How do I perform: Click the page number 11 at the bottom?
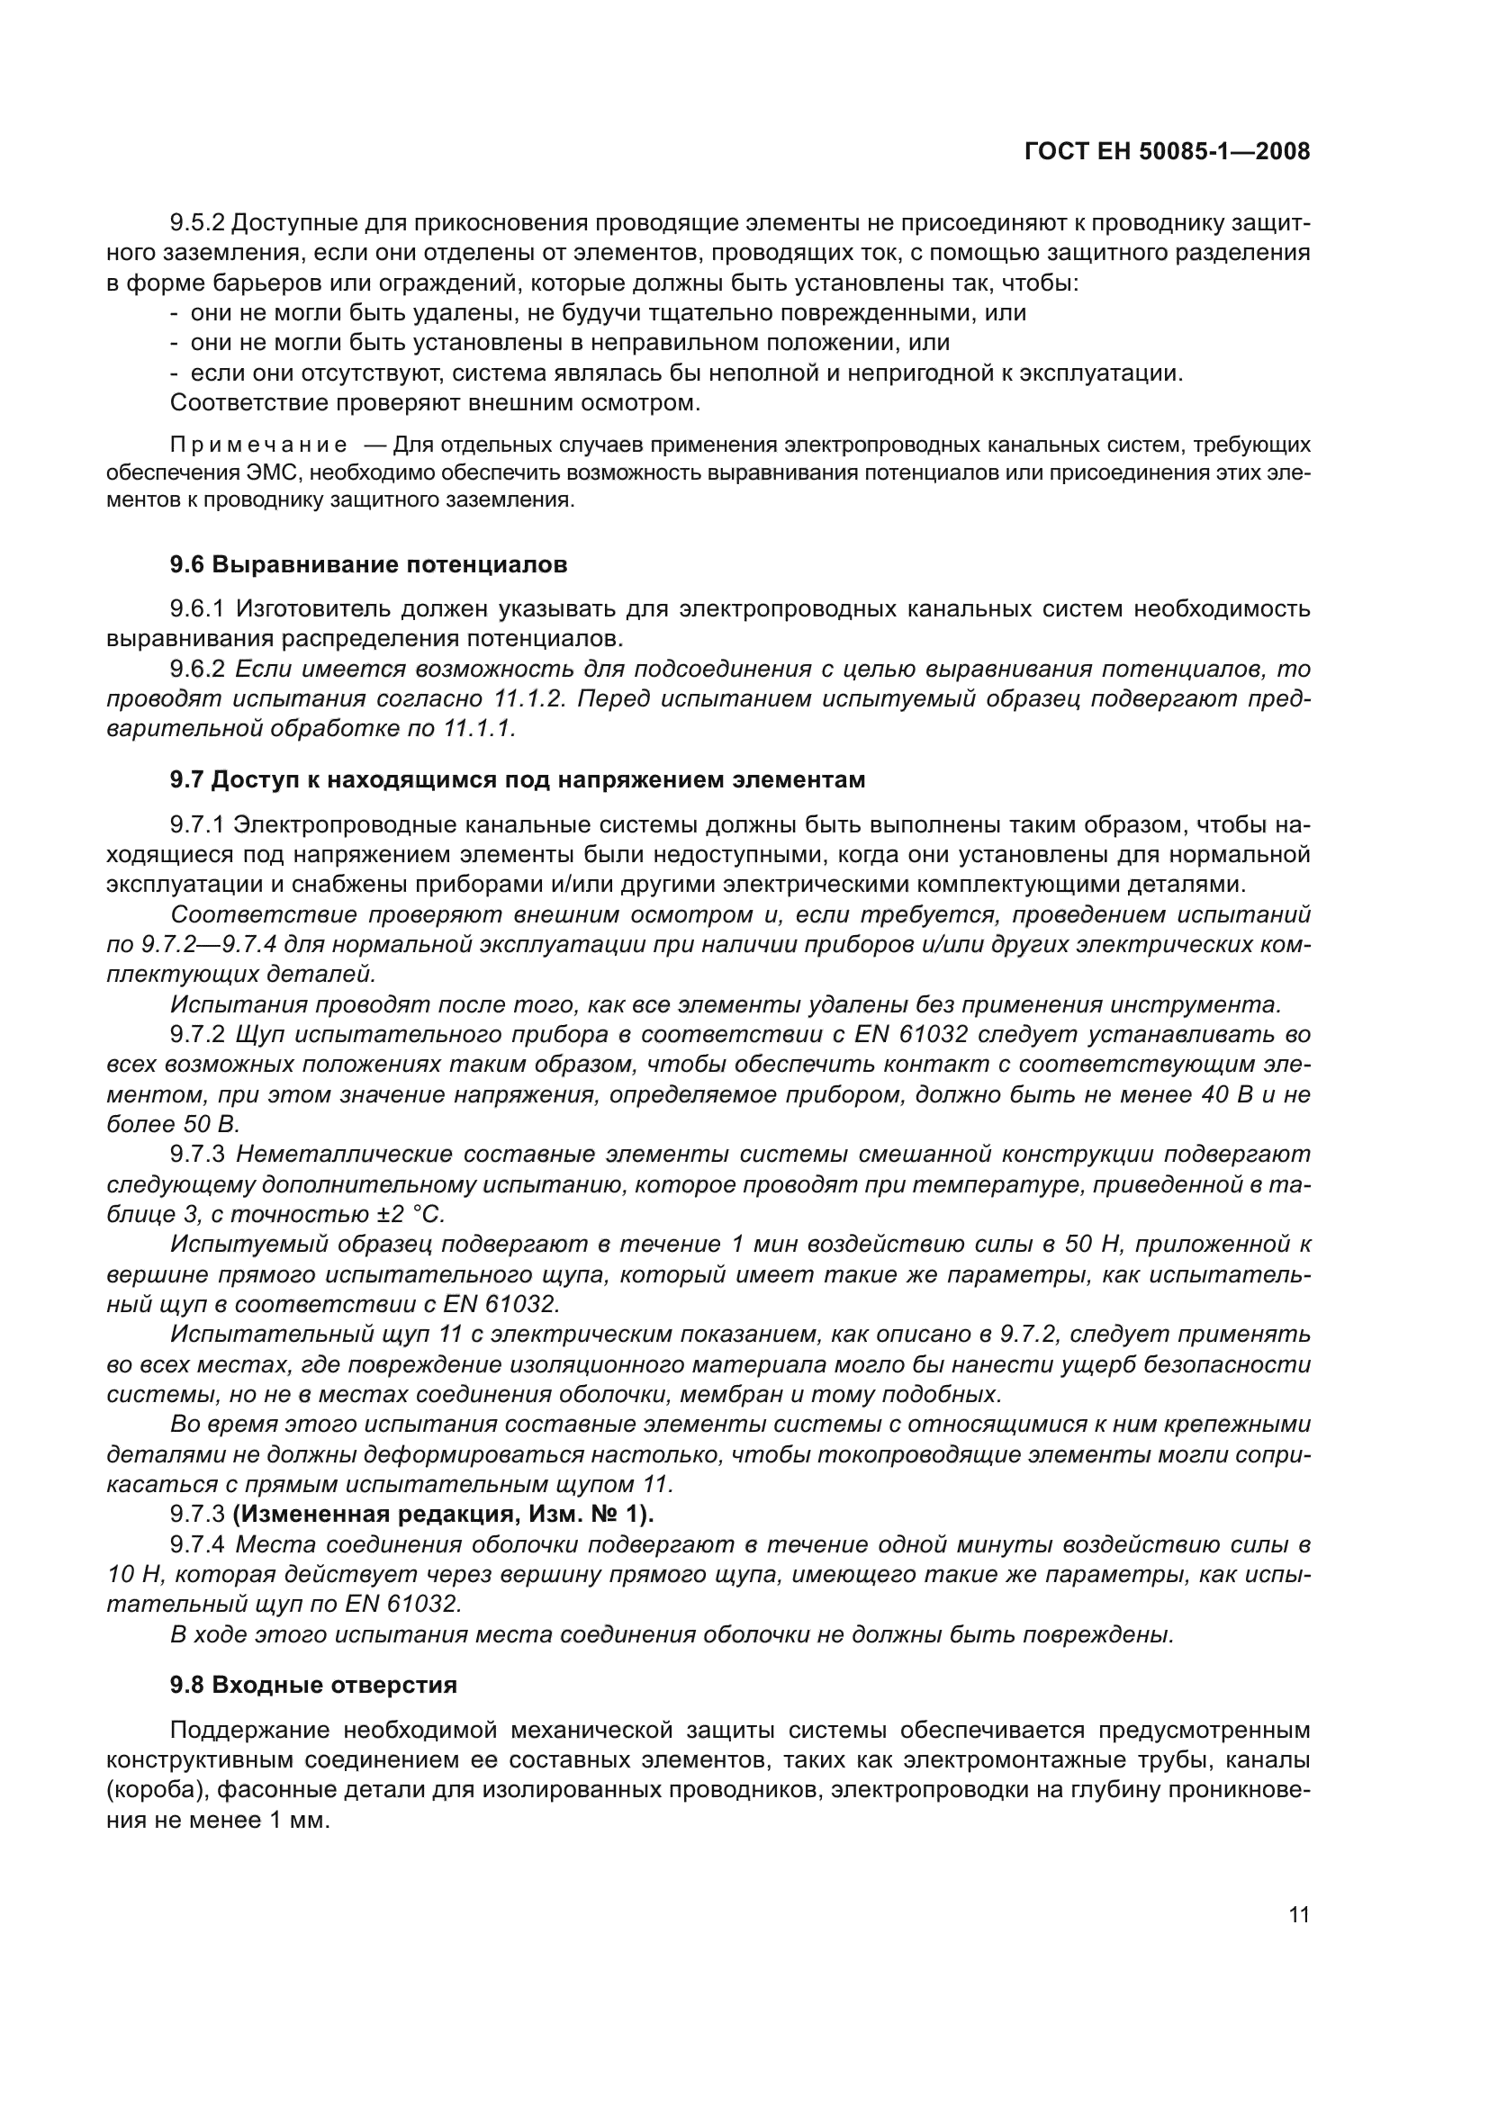pos(1298,1915)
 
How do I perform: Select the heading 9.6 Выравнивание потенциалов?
pos(368,565)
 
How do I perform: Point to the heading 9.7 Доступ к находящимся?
pos(517,780)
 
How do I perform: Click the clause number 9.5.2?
pos(197,223)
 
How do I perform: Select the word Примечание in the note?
pos(258,445)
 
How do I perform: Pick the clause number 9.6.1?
pos(197,608)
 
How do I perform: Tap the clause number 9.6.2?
pos(197,670)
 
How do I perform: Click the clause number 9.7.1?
pos(197,825)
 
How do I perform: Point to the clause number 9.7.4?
pos(197,1545)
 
